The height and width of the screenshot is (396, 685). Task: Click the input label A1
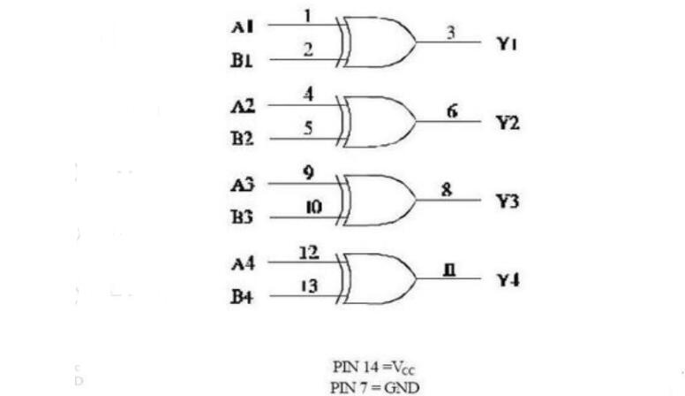243,27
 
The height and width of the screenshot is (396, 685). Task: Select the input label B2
243,139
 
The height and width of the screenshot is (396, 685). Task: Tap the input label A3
243,185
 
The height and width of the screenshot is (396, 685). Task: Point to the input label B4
243,297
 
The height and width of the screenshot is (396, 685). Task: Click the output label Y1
507,44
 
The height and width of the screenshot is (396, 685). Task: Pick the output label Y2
508,123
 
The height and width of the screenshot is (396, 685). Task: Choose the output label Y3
508,202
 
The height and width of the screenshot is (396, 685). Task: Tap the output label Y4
508,279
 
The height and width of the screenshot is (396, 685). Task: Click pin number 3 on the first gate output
450,33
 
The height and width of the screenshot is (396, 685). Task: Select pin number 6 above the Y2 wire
452,111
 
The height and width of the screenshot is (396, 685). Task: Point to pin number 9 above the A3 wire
308,173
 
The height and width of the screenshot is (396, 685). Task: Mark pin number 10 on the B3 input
314,207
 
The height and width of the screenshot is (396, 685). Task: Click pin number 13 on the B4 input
309,286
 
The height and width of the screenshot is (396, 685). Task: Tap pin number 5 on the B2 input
308,128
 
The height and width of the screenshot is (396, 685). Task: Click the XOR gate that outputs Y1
376,42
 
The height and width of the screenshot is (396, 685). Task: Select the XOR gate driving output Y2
376,122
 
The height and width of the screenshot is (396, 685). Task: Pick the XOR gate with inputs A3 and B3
376,201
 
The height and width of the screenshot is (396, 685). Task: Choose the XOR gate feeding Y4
376,278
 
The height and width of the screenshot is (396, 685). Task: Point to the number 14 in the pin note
371,367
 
